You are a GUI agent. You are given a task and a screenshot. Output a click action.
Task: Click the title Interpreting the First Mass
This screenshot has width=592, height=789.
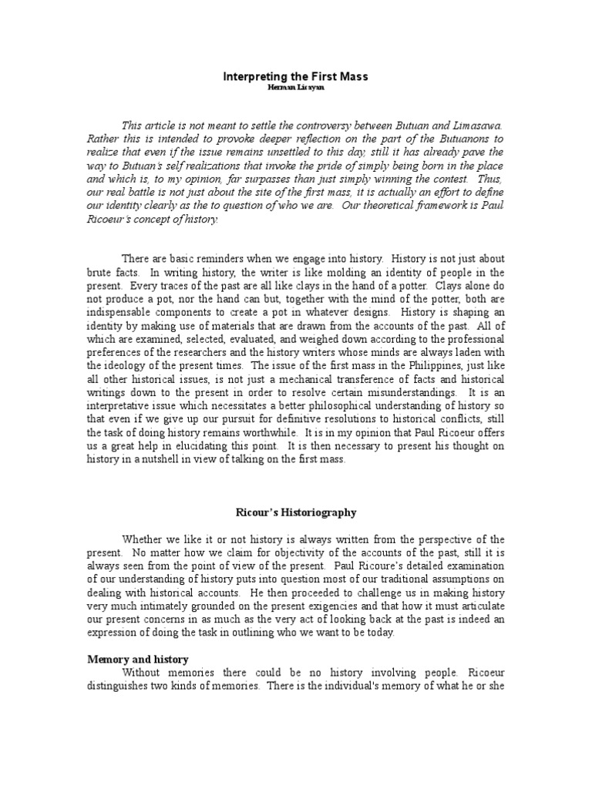pos(295,76)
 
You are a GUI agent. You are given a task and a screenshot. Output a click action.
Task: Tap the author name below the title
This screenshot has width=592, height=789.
pos(296,89)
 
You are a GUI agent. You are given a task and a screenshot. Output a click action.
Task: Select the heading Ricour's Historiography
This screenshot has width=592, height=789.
pos(295,512)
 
